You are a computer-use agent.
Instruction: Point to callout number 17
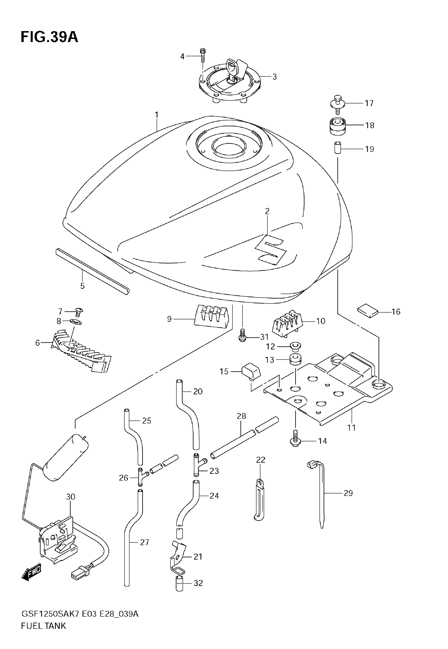point(369,104)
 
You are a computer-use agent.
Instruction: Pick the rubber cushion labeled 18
point(337,126)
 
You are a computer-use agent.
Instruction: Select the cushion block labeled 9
point(212,317)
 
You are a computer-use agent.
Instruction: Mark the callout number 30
point(71,497)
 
